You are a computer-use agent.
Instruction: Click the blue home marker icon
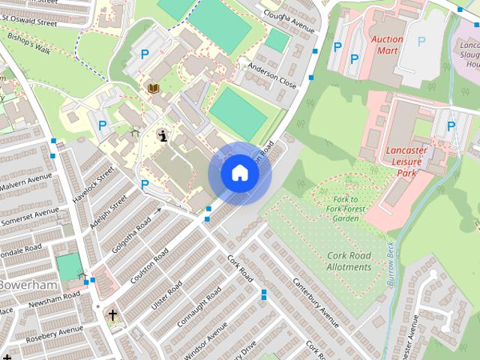coord(239,173)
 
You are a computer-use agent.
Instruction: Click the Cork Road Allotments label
coord(349,261)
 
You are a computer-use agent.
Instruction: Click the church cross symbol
coord(112,315)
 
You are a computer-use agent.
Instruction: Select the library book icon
coord(153,88)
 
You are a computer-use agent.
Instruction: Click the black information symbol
coord(163,135)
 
